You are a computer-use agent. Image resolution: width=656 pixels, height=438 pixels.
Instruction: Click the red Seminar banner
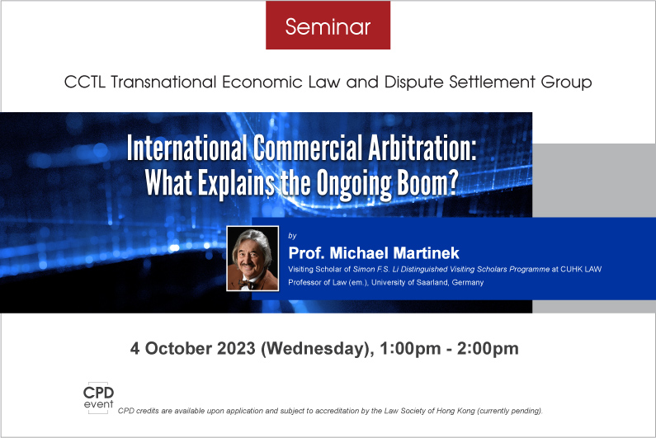pos(328,25)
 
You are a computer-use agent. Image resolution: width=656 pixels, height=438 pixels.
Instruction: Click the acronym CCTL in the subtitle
pos(84,82)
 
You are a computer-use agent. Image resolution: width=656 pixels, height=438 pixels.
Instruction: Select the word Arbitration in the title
pos(422,148)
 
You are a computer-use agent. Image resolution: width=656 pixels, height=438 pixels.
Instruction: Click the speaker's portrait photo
pos(252,258)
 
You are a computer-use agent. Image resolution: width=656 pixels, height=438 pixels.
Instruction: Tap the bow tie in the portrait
pos(247,285)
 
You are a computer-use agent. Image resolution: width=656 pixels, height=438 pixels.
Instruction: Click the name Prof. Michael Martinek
pos(374,253)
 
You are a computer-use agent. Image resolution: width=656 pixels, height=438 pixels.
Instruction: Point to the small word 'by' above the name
pos(292,236)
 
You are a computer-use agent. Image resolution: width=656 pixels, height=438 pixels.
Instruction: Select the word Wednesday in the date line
pos(317,349)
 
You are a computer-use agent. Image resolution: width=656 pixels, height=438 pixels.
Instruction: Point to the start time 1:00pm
pos(410,349)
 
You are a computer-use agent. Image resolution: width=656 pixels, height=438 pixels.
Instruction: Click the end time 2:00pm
pos(488,349)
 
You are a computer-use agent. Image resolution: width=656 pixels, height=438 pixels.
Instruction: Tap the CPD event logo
pos(98,398)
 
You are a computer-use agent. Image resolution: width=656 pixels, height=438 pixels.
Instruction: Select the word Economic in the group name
pos(262,82)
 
